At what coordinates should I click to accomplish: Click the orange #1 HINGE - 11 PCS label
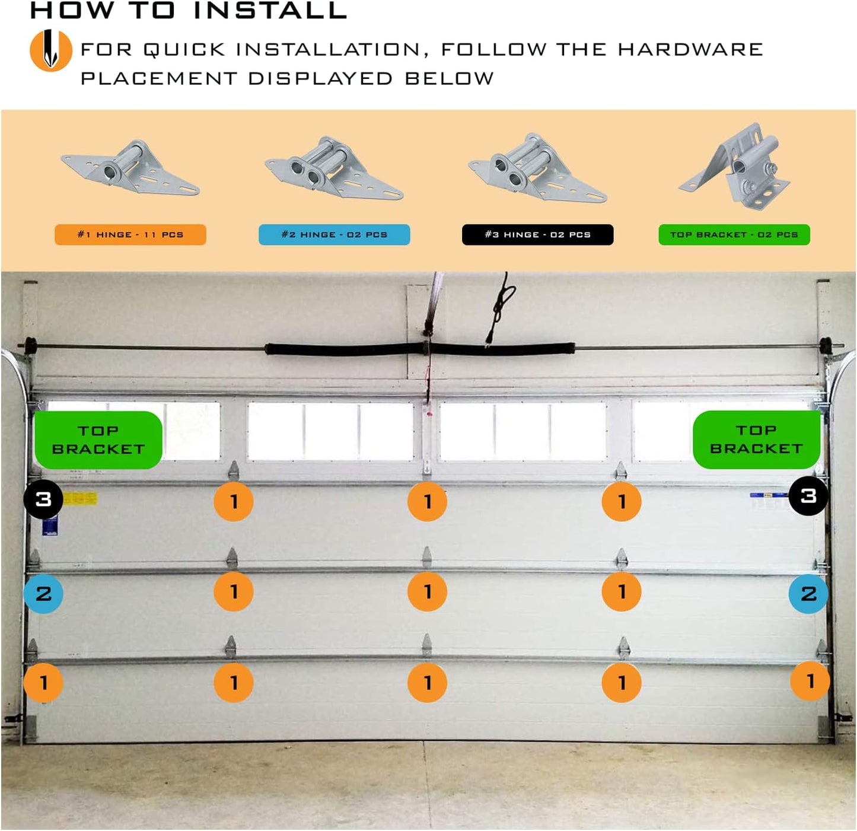[130, 234]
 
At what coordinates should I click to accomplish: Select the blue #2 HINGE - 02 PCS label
[334, 234]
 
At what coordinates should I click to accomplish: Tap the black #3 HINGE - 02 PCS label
[537, 234]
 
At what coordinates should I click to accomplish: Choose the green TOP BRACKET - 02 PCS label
[734, 234]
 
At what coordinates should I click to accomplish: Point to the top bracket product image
[735, 166]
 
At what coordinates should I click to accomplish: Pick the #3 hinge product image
[537, 168]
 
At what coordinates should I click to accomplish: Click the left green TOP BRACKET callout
[98, 440]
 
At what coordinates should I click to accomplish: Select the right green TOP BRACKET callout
[756, 439]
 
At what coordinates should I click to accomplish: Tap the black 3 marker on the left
[43, 499]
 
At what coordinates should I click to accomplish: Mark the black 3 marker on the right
[808, 496]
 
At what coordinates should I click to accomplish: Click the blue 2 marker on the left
[43, 593]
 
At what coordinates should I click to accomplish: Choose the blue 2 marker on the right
[808, 593]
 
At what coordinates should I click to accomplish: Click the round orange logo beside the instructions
[50, 50]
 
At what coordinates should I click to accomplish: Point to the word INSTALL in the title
[270, 11]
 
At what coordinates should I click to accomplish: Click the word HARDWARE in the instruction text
[690, 49]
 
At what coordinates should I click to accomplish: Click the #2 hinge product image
[334, 168]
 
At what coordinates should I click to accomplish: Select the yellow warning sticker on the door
[79, 498]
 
